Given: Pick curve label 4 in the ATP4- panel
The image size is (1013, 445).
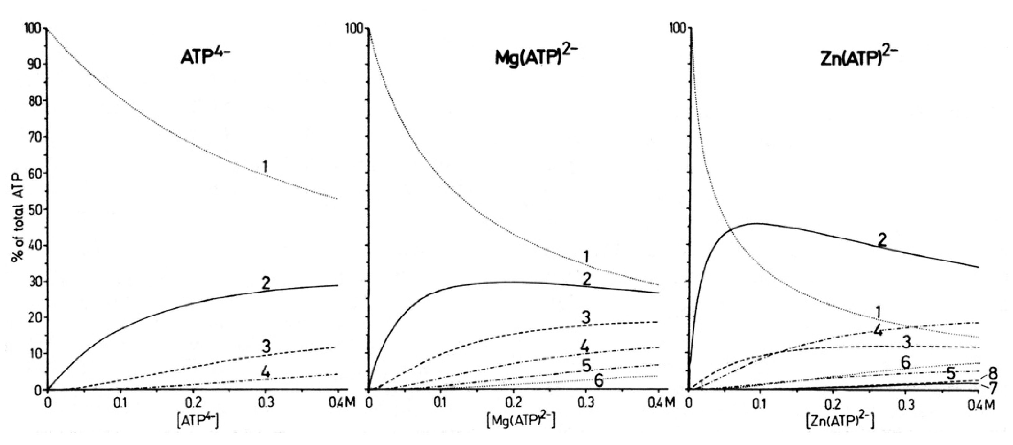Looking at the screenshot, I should click(266, 371).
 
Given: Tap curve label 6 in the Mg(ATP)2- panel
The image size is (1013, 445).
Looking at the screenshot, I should click(598, 380).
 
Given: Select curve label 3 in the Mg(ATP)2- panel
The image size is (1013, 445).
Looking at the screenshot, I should click(586, 318).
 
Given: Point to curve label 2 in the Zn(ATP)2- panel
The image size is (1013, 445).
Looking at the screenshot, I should click(882, 240).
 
